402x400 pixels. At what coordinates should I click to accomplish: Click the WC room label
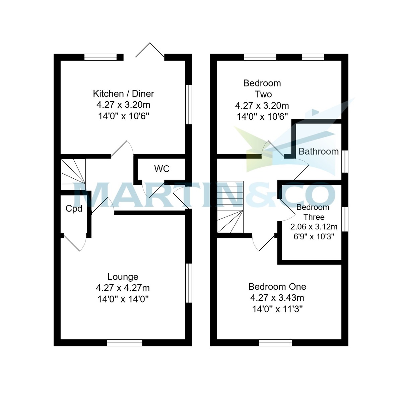coord(162,169)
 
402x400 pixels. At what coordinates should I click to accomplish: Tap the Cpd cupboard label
coord(74,209)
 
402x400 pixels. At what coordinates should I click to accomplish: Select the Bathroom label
coord(319,151)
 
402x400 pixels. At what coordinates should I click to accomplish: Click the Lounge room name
coord(123,277)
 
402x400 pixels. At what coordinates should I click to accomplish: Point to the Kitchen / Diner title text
coord(123,94)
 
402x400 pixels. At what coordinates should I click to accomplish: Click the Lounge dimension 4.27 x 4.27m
coord(123,288)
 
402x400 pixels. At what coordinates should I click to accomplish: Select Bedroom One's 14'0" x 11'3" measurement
coord(277,309)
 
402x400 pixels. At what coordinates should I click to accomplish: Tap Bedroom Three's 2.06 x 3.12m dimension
coord(314,227)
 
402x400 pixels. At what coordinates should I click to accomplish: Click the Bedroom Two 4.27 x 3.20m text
coord(262,106)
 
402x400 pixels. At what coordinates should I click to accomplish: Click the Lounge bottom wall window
coord(125,343)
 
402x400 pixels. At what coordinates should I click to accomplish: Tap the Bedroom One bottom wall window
coord(276,343)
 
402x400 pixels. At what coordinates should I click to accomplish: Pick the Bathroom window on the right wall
coord(345,161)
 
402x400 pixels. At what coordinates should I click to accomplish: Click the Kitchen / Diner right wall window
coord(189,105)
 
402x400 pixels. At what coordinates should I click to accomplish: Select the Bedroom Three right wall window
coord(345,219)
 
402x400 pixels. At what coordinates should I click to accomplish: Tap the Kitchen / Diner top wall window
coord(100,57)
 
